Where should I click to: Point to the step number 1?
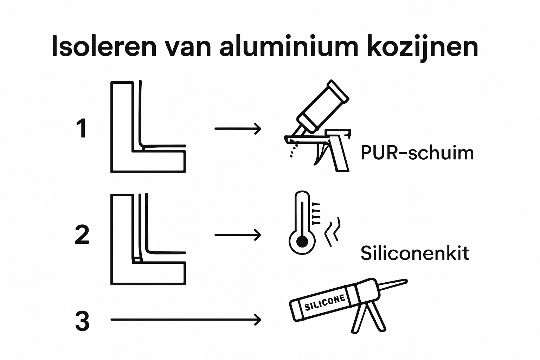pyautogui.click(x=82, y=129)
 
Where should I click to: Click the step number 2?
pyautogui.click(x=82, y=235)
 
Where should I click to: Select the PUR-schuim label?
pyautogui.click(x=417, y=153)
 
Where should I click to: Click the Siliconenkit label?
pyautogui.click(x=415, y=253)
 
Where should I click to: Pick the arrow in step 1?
pyautogui.click(x=238, y=129)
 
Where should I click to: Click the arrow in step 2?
pyautogui.click(x=238, y=234)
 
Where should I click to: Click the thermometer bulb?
pyautogui.click(x=301, y=242)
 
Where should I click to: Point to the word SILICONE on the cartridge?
pyautogui.click(x=325, y=302)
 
